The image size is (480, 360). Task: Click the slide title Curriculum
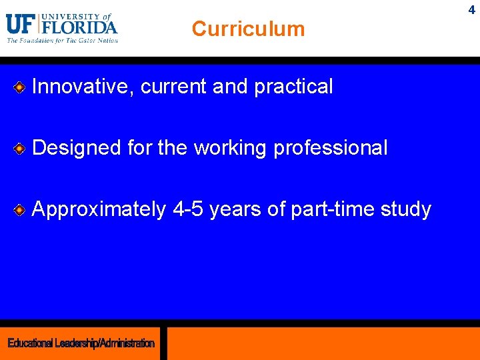pyautogui.click(x=248, y=29)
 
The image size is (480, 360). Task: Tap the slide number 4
pyautogui.click(x=471, y=10)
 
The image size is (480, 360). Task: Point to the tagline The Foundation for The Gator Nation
pyautogui.click(x=62, y=41)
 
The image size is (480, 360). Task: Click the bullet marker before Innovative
pyautogui.click(x=20, y=87)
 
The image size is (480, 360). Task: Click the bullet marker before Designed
pyautogui.click(x=20, y=148)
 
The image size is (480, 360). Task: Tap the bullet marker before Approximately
pyautogui.click(x=20, y=210)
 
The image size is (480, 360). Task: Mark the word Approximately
pyautogui.click(x=99, y=209)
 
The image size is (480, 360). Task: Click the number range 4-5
pyautogui.click(x=190, y=209)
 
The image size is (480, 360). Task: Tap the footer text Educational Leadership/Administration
pyautogui.click(x=81, y=343)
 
